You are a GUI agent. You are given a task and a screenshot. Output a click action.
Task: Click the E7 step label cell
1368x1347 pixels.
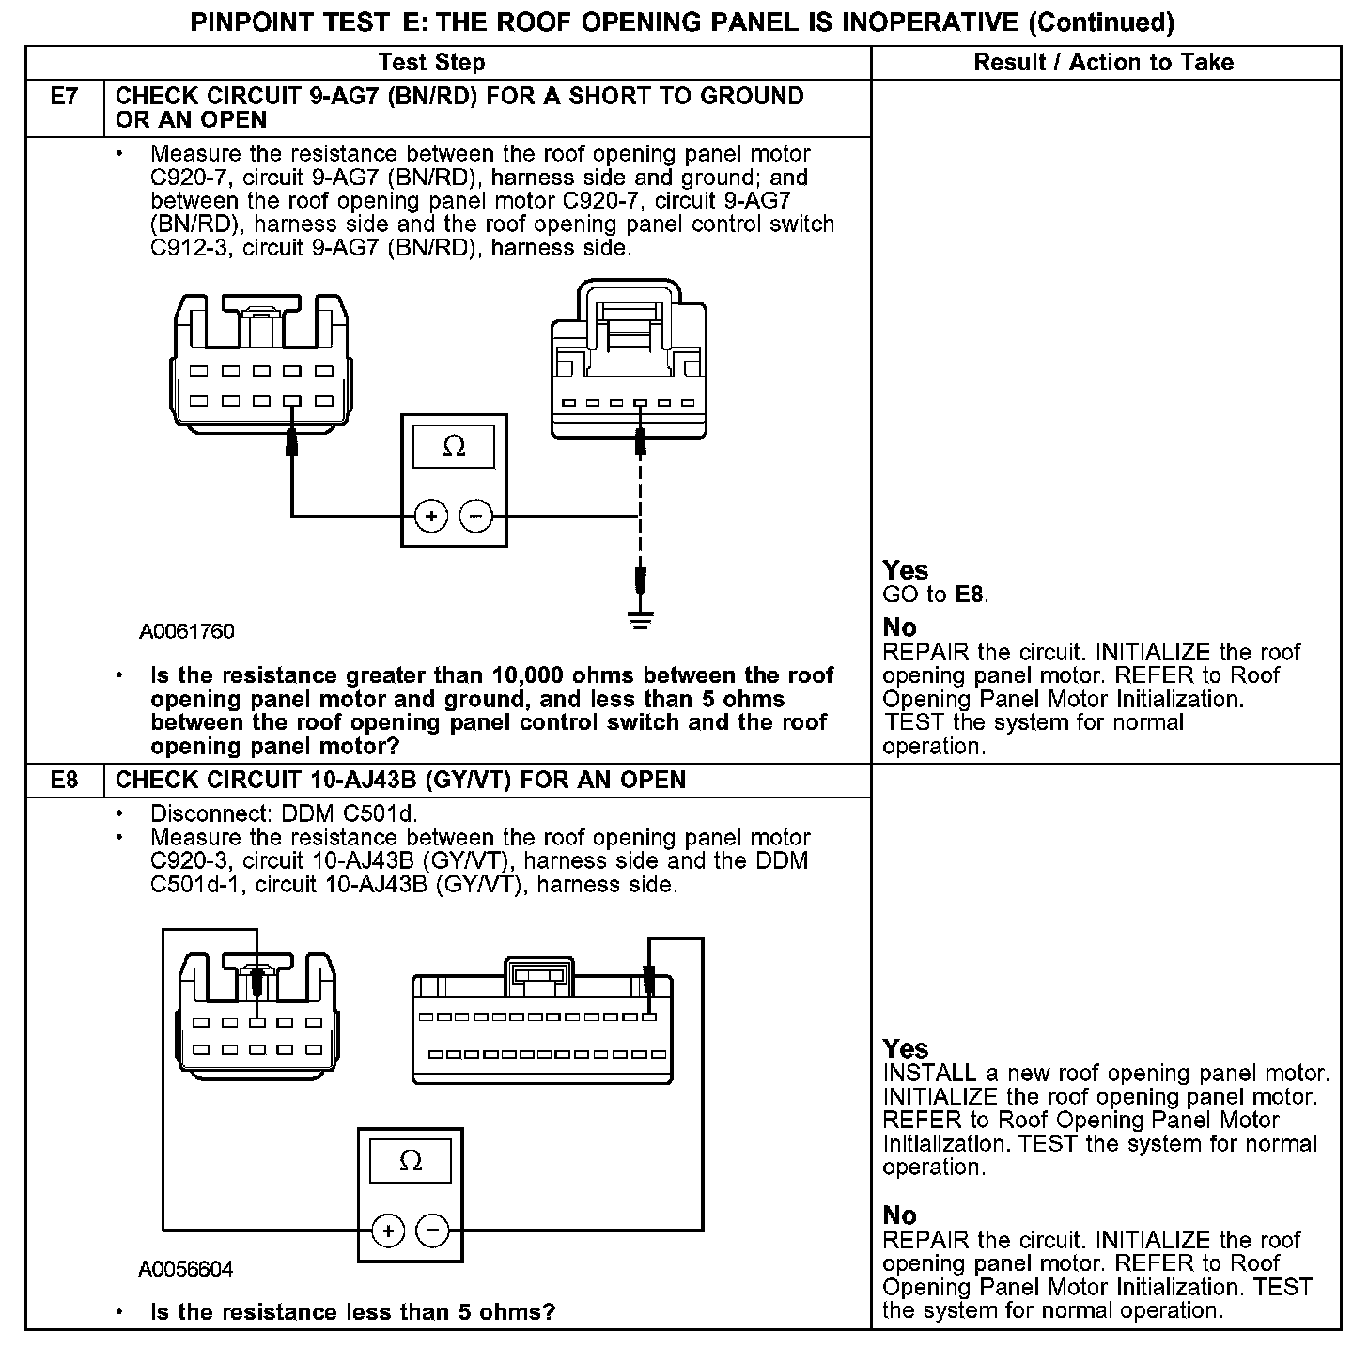click(63, 97)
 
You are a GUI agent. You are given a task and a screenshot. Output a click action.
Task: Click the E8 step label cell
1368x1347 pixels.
click(63, 781)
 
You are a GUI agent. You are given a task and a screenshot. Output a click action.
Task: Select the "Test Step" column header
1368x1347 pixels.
click(431, 63)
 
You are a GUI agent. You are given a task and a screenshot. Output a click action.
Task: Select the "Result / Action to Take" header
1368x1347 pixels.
click(1103, 63)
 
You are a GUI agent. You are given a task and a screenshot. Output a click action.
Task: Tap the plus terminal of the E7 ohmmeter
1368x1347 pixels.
click(431, 516)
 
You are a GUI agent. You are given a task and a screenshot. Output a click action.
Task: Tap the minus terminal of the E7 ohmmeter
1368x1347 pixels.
click(476, 516)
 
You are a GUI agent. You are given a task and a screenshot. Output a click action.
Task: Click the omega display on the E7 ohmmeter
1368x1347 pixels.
click(454, 447)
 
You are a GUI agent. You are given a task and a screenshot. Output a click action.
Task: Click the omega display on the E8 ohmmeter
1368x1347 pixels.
click(411, 1162)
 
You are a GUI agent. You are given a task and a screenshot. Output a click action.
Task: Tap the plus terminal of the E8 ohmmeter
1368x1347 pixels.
click(388, 1231)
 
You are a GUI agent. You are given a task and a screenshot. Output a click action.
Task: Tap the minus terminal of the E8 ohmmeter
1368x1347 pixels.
click(433, 1231)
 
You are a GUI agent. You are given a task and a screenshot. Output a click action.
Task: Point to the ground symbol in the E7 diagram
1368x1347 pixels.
click(641, 621)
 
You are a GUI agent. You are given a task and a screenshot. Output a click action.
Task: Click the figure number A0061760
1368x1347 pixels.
click(187, 632)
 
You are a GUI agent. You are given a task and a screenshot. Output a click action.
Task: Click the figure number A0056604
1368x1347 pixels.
click(186, 1270)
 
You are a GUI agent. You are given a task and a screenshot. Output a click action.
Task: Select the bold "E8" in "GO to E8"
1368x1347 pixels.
click(971, 595)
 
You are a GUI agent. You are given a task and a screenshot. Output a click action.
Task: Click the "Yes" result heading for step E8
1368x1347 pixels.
click(906, 1048)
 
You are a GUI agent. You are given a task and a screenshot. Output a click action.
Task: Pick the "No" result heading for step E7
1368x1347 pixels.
click(900, 627)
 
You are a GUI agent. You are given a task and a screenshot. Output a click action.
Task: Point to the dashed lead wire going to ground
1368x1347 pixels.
click(640, 507)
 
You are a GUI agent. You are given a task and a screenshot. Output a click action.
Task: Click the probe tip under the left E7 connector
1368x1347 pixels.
click(291, 441)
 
